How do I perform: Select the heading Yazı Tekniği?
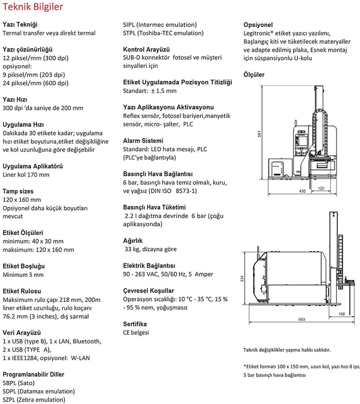20,24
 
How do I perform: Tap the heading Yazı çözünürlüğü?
28,49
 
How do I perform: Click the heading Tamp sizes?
18,191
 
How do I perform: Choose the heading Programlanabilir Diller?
34,374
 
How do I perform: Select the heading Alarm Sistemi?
143,141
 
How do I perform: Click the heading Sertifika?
135,324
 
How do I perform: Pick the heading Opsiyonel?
259,24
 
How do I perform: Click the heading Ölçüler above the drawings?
254,75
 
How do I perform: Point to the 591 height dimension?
259,135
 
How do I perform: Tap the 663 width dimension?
302,320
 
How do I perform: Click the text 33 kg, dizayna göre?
151,249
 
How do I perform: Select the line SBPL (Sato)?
20,383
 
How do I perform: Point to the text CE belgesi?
136,332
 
